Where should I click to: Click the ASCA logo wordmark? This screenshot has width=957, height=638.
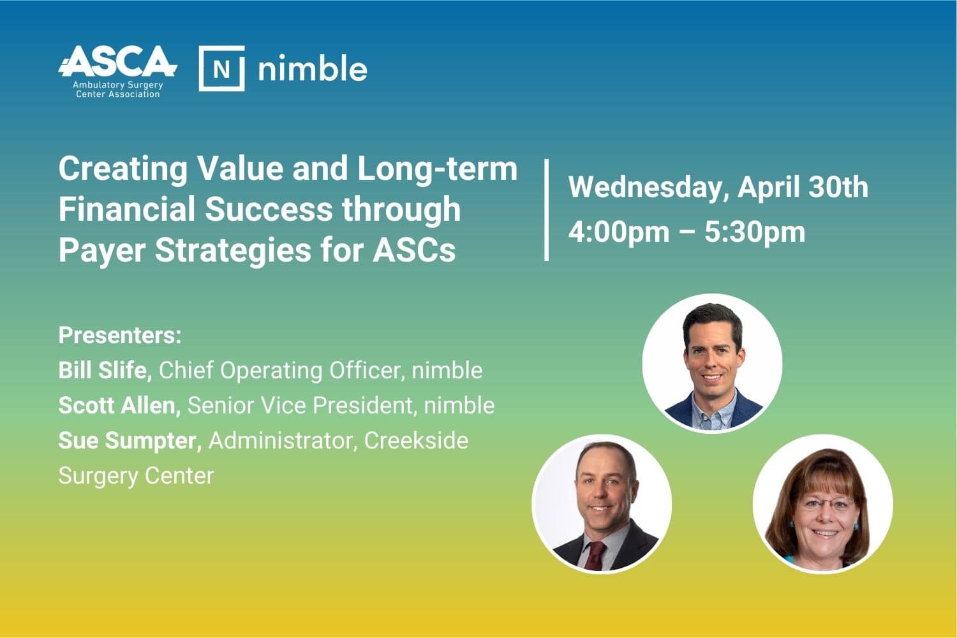[x=117, y=61]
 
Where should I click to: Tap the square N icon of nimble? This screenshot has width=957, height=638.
[x=222, y=68]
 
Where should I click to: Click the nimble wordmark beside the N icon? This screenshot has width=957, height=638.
[x=313, y=68]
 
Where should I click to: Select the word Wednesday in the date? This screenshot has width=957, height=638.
[x=645, y=188]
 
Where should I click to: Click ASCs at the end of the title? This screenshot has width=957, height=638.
[x=414, y=250]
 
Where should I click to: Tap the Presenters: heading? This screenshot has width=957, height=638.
[x=120, y=336]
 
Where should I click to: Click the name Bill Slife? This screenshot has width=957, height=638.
[x=105, y=370]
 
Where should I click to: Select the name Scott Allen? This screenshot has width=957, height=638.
[x=120, y=406]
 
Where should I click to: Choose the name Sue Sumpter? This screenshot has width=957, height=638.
[x=130, y=441]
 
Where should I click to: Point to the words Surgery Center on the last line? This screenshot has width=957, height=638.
[x=136, y=476]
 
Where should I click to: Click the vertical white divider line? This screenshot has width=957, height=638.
[x=546, y=209]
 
